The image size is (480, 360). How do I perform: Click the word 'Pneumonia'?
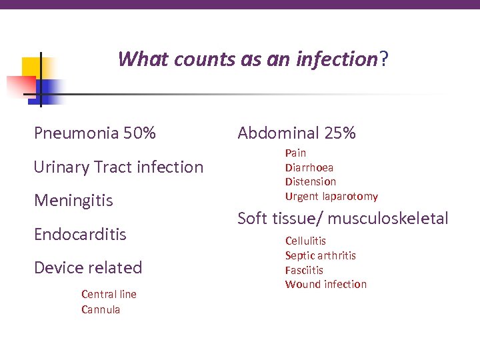tap(76, 133)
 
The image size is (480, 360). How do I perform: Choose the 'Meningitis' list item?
tap(73, 201)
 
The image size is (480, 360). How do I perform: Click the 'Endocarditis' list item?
tap(80, 234)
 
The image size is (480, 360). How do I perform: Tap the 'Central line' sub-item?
tap(109, 294)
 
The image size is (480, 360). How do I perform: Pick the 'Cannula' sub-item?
tap(101, 309)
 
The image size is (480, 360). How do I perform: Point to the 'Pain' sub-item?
tap(295, 153)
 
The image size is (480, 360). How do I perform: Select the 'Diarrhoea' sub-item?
tap(309, 167)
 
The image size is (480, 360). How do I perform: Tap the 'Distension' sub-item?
tap(311, 181)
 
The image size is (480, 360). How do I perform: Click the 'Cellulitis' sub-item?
tap(305, 241)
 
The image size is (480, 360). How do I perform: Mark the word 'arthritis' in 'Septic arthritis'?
tap(336, 255)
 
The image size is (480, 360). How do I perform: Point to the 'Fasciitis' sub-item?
tap(304, 270)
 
